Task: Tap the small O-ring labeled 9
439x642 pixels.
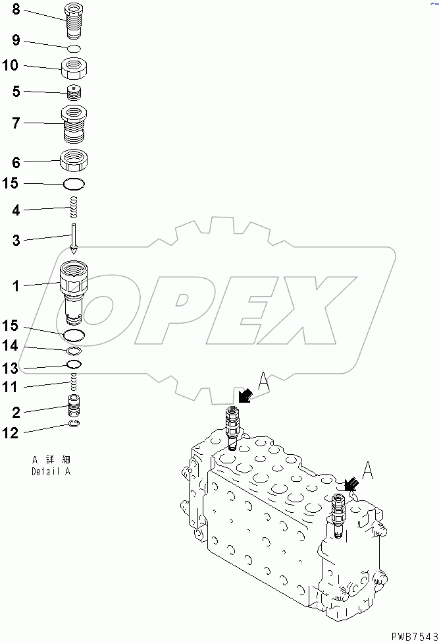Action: click(74, 48)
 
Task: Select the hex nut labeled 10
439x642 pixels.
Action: click(74, 67)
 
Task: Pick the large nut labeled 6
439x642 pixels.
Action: click(74, 160)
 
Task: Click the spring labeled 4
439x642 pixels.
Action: click(74, 209)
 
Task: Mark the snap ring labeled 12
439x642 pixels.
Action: click(74, 424)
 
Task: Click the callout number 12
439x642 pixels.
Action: click(14, 432)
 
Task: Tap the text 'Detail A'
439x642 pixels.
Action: click(51, 471)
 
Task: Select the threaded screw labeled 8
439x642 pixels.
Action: click(74, 22)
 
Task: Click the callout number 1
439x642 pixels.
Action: click(15, 285)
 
